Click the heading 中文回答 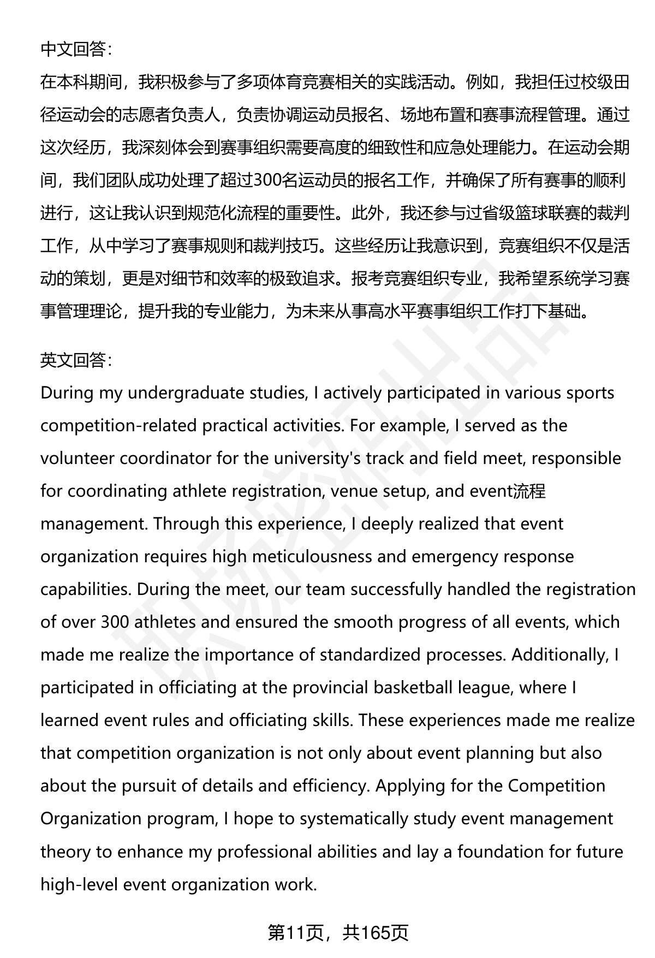click(75, 50)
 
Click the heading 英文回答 click(75, 360)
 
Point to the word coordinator click(165, 459)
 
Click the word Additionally click(559, 655)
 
